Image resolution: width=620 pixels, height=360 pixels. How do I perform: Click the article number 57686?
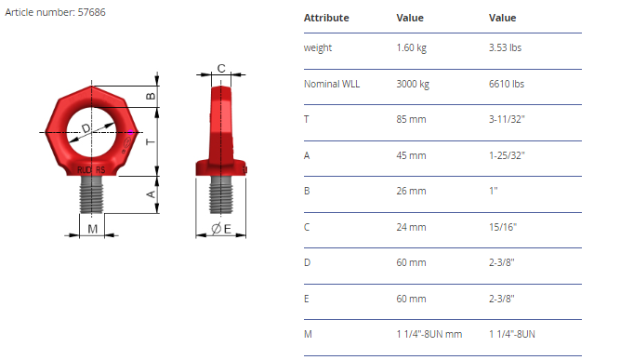pyautogui.click(x=91, y=12)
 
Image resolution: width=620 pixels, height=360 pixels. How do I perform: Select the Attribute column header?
pyautogui.click(x=326, y=18)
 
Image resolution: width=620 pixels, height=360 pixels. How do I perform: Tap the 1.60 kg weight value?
pyautogui.click(x=411, y=47)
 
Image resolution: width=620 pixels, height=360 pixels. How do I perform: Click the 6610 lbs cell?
pyautogui.click(x=506, y=84)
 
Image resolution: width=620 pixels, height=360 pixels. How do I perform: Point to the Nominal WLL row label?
pyautogui.click(x=332, y=84)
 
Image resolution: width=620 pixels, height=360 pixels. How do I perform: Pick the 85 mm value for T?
pyautogui.click(x=411, y=119)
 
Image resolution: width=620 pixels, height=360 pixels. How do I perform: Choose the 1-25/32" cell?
pyautogui.click(x=507, y=155)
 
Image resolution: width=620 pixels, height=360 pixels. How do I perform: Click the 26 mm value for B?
pyautogui.click(x=411, y=191)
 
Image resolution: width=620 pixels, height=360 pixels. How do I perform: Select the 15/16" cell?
pyautogui.click(x=503, y=227)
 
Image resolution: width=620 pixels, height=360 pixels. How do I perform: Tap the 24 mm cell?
pyautogui.click(x=411, y=227)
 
